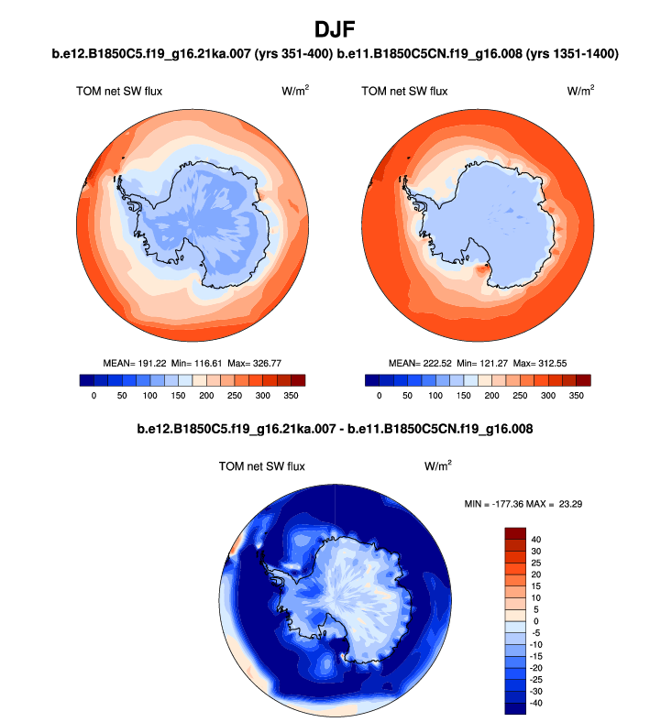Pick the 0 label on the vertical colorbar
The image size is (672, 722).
pos(536,621)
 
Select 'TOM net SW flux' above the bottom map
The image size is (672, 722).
pos(261,466)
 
